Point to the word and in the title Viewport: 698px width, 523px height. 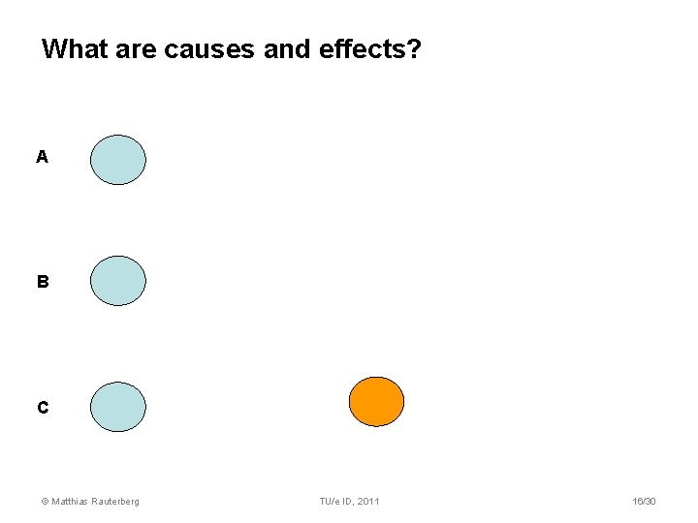288,48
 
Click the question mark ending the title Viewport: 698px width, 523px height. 414,48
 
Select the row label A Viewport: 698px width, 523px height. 42,157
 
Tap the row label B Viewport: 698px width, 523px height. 42,282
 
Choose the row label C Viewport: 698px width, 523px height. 42,408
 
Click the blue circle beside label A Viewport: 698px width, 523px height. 118,160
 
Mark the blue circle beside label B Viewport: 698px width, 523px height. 118,281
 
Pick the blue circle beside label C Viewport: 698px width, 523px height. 118,407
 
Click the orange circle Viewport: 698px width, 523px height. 376,402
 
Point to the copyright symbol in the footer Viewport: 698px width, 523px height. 44,501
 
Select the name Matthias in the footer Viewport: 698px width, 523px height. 71,501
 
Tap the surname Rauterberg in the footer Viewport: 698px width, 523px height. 116,501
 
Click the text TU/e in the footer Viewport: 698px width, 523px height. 330,501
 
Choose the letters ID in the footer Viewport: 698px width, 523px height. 347,501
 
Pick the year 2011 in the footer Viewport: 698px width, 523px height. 368,501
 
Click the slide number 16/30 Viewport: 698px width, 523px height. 643,501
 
